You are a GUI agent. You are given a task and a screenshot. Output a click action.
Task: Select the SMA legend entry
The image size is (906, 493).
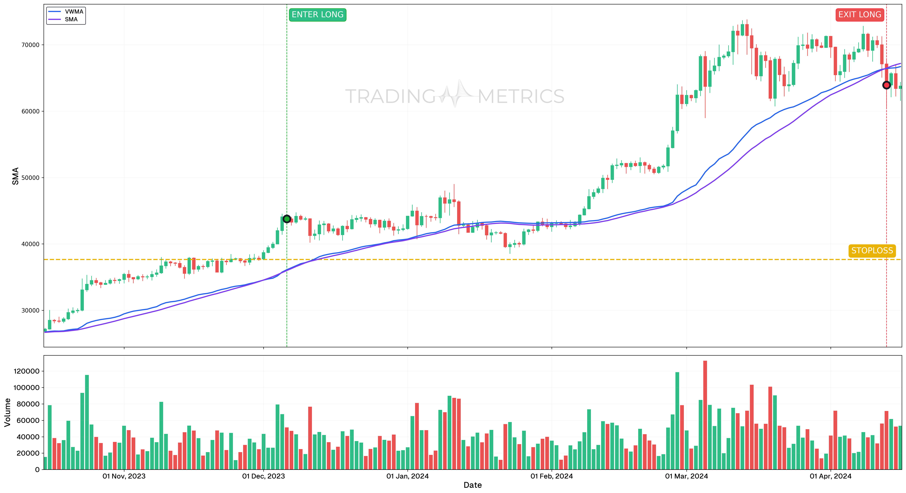[71, 19]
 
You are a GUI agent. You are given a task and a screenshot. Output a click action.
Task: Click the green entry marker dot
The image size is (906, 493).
[287, 219]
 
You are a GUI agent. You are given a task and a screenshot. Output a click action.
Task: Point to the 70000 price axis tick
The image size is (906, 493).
[31, 45]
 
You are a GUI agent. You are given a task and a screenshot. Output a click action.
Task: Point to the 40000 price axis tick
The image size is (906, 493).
[31, 244]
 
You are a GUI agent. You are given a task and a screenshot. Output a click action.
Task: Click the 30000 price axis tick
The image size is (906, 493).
[31, 311]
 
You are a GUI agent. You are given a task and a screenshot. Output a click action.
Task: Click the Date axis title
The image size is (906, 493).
[472, 485]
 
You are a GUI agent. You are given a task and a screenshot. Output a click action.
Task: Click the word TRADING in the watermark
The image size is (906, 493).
[390, 97]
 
